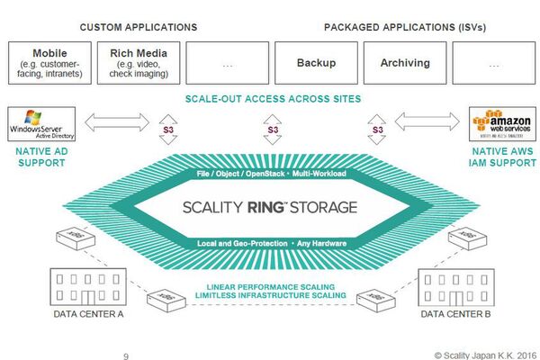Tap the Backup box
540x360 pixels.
click(x=316, y=63)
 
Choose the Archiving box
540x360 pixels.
click(x=405, y=63)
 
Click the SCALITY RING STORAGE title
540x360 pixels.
click(x=271, y=206)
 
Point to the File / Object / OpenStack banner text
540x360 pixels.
click(x=271, y=172)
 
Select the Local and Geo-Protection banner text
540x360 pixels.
click(x=271, y=243)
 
